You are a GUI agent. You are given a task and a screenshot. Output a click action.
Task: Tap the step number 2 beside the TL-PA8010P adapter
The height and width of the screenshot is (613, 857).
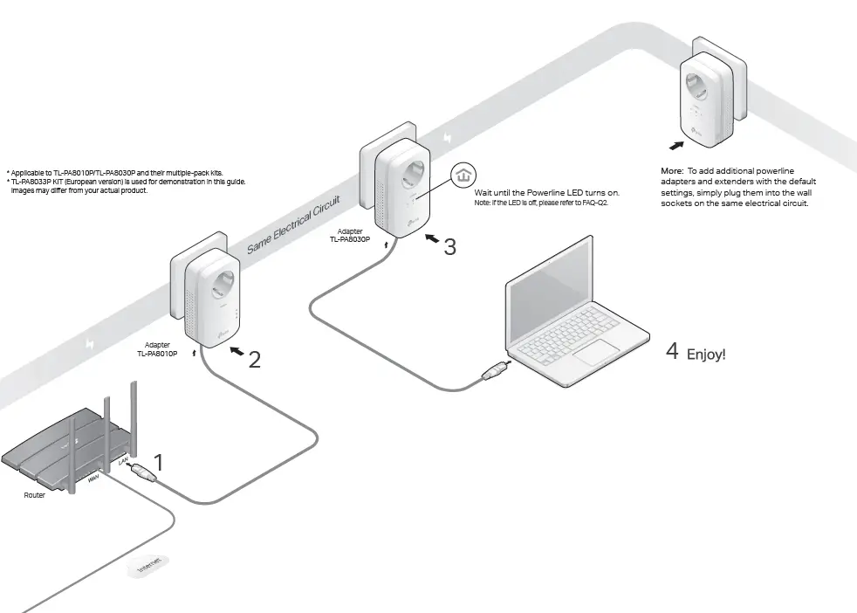254,359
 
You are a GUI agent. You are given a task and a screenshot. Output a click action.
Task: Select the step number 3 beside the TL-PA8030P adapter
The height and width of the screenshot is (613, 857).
449,247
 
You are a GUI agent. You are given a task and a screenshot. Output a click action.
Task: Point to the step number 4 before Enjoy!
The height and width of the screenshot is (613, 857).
672,351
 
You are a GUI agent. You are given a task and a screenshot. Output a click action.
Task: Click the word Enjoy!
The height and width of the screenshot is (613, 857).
706,354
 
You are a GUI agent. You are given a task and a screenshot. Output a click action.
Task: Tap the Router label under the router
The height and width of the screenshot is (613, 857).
34,495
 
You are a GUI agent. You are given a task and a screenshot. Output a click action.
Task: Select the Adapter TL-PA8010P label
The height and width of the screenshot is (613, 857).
157,349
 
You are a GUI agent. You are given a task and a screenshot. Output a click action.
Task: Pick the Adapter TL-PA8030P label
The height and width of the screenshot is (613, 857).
350,235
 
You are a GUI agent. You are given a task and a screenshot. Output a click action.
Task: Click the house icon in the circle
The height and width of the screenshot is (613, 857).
463,176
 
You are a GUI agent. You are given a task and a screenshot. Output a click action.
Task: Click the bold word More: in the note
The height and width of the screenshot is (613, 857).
671,170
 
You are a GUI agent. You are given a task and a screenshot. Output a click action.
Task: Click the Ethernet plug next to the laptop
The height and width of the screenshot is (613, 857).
490,373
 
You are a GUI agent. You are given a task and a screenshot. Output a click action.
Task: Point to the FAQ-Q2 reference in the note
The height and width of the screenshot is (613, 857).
594,202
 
